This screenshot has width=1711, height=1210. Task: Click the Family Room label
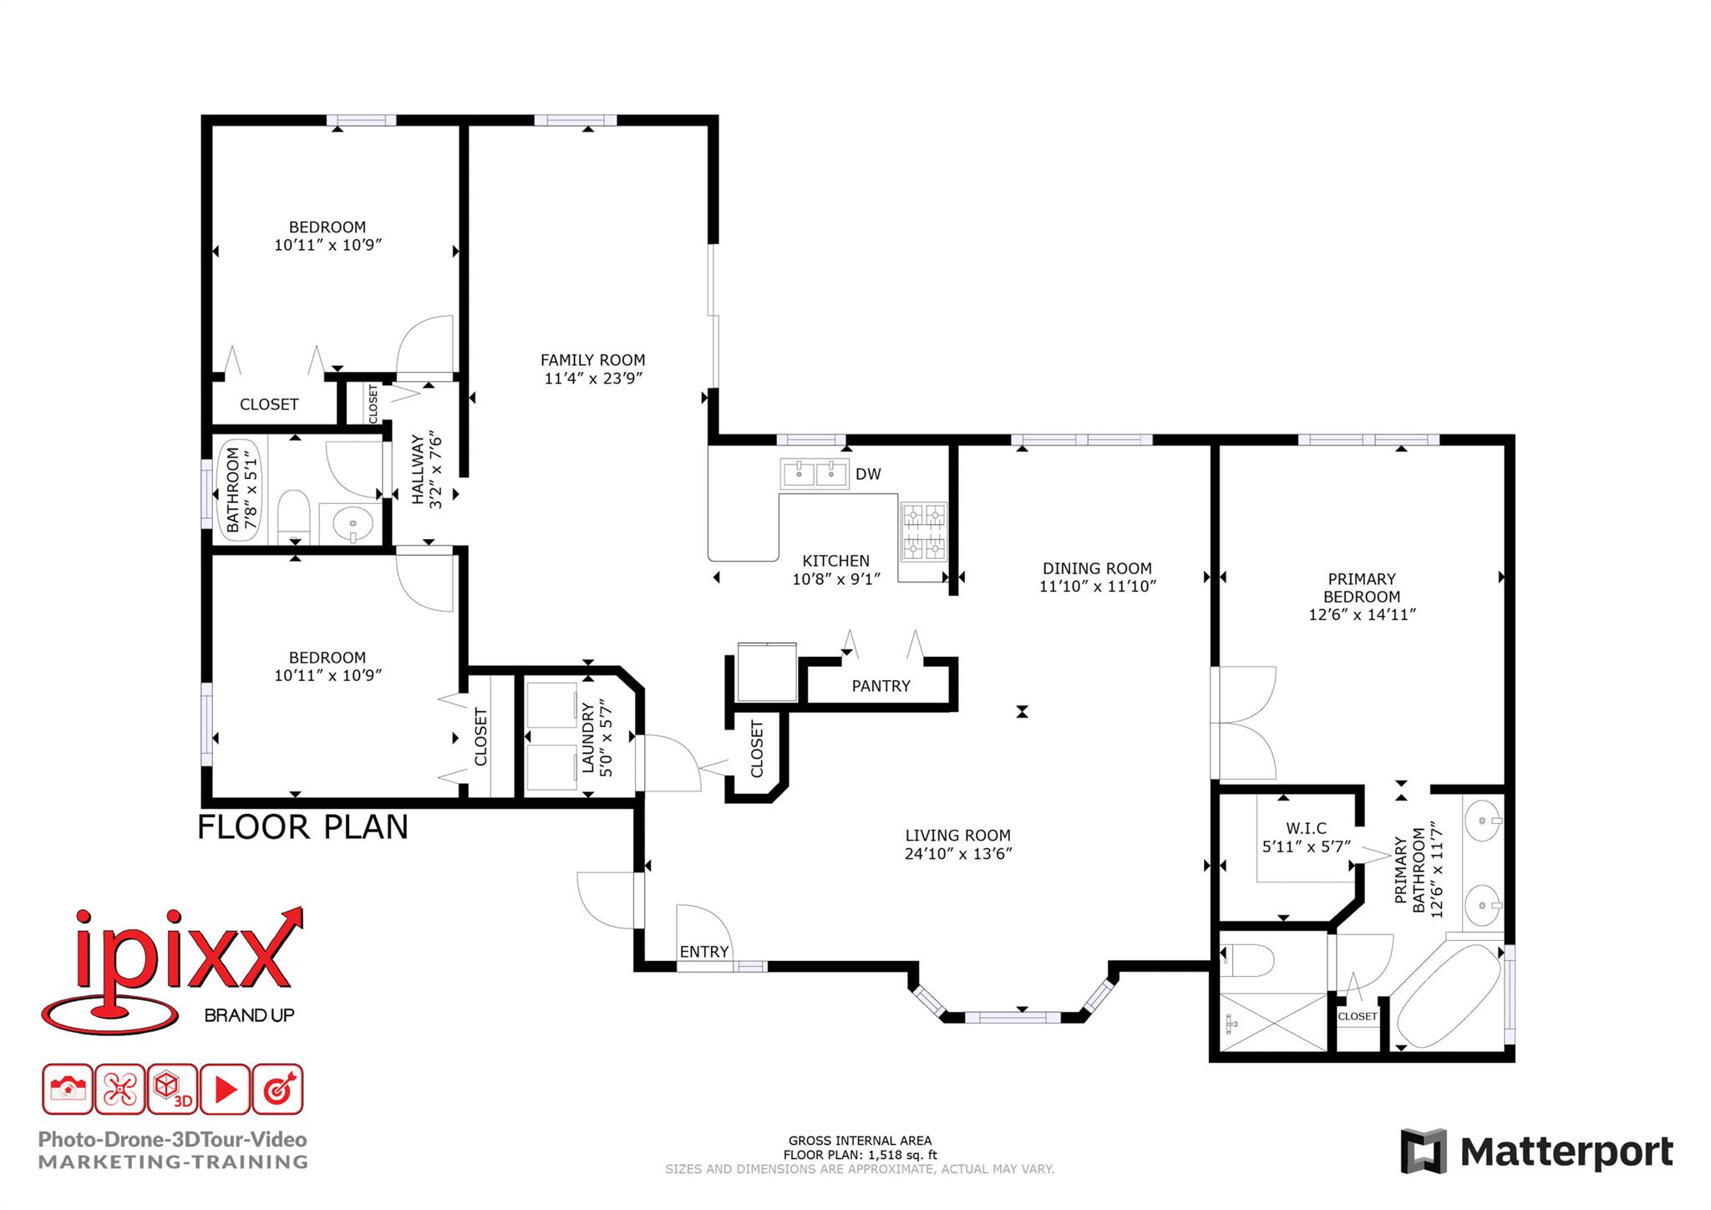tap(592, 360)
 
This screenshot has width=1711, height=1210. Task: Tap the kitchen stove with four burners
tap(923, 531)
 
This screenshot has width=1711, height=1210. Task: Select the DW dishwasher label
tap(868, 474)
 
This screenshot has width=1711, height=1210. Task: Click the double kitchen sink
tap(814, 474)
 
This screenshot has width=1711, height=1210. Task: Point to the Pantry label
tap(881, 686)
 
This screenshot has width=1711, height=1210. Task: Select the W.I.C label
tap(1306, 828)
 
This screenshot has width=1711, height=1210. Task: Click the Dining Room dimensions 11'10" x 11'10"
tap(1097, 587)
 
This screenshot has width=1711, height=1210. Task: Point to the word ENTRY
tap(704, 952)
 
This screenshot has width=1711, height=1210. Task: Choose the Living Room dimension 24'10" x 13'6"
tap(957, 854)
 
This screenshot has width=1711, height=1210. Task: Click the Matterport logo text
tap(1566, 1152)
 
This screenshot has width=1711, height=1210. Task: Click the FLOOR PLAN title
tap(302, 827)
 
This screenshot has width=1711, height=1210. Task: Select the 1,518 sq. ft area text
tap(902, 1156)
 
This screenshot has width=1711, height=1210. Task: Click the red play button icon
tap(225, 1090)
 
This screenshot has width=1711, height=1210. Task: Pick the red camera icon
tap(68, 1090)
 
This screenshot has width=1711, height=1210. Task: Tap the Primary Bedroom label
tap(1362, 587)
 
